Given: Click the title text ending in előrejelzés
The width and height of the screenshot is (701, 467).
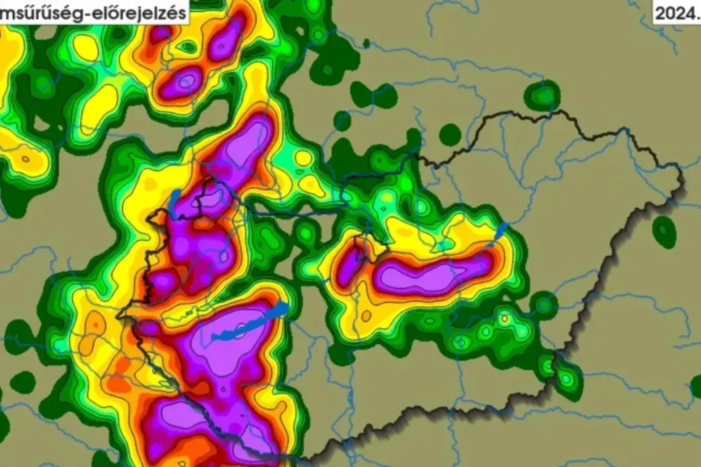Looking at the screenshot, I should point(95,12).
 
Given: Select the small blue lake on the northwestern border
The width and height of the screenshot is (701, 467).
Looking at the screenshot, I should point(175,203).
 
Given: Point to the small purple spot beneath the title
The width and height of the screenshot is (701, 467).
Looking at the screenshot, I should point(161,32).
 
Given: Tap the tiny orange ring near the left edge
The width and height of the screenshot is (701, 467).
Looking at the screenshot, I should point(26,160).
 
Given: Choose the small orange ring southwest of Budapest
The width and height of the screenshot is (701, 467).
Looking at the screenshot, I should point(366,316).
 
